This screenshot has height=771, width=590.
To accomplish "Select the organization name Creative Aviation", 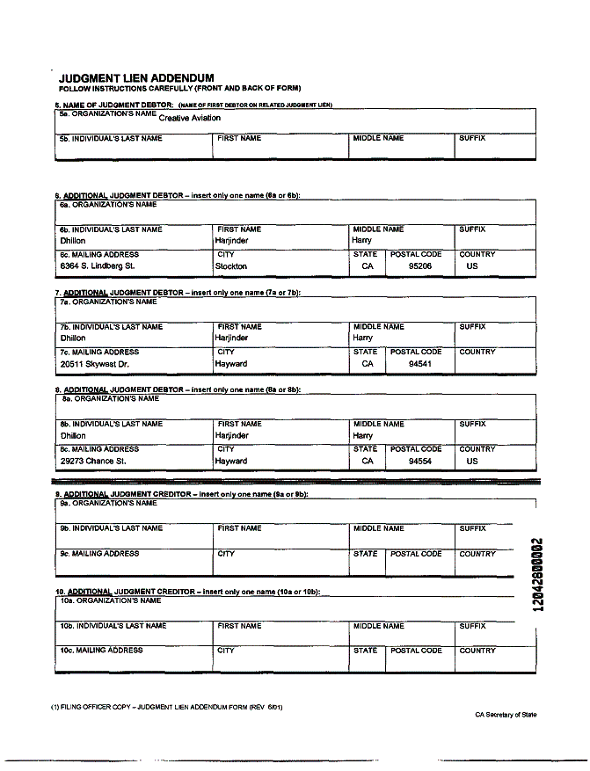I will click(x=190, y=118).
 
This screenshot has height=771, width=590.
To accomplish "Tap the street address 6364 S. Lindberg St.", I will click(x=98, y=265).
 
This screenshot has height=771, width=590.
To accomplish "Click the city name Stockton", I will click(x=231, y=265).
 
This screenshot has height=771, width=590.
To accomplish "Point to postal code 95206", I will click(x=420, y=265).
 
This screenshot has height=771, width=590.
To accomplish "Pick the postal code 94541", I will click(x=420, y=363).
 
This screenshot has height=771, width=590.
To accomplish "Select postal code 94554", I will click(x=420, y=461).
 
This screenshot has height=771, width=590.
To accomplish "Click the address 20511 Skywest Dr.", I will click(x=95, y=363).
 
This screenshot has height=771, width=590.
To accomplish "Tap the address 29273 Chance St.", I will click(x=93, y=461).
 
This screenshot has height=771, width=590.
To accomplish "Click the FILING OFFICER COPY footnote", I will click(x=166, y=707).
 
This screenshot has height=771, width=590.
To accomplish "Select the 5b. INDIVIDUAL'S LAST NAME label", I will click(x=111, y=139).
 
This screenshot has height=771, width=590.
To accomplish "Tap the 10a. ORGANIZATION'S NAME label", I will click(x=112, y=601).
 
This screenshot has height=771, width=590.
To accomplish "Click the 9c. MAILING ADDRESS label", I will click(x=99, y=554).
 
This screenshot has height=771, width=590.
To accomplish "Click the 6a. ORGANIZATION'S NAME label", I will click(x=108, y=205).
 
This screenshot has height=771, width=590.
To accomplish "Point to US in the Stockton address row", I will click(x=472, y=265).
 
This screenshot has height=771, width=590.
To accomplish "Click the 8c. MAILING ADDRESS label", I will click(x=99, y=449).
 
